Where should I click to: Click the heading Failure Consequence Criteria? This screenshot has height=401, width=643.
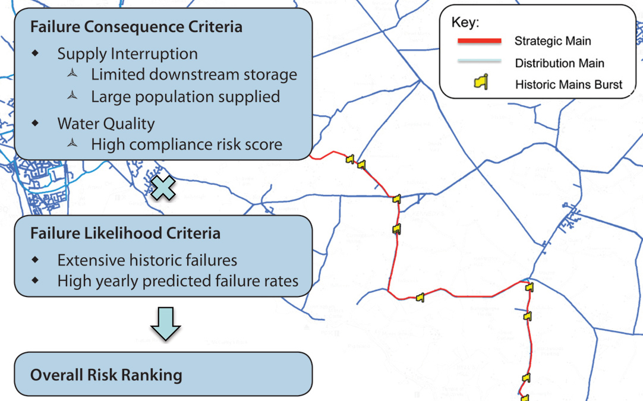pyautogui.click(x=136, y=27)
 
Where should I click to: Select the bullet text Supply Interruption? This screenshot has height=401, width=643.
pyautogui.click(x=127, y=53)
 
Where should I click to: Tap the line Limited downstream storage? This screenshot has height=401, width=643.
pyautogui.click(x=194, y=75)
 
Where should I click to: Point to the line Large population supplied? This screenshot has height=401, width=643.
pyautogui.click(x=185, y=96)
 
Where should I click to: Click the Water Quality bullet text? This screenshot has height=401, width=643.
pyautogui.click(x=106, y=124)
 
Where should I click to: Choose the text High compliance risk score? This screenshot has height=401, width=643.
pyautogui.click(x=187, y=144)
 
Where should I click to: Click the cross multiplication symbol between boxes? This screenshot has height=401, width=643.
pyautogui.click(x=164, y=188)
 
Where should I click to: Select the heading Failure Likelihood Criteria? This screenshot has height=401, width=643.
pyautogui.click(x=125, y=233)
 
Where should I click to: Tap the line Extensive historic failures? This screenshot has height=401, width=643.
pyautogui.click(x=147, y=260)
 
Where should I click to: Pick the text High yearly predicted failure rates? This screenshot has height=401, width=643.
pyautogui.click(x=178, y=280)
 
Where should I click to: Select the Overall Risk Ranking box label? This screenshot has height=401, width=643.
pyautogui.click(x=106, y=375)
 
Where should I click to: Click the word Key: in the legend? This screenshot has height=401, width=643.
pyautogui.click(x=465, y=23)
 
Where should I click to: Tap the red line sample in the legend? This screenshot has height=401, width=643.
pyautogui.click(x=479, y=42)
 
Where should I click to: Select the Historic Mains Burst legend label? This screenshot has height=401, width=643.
pyautogui.click(x=569, y=84)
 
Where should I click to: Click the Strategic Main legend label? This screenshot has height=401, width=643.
pyautogui.click(x=553, y=42)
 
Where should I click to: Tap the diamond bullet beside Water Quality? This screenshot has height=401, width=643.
pyautogui.click(x=36, y=124)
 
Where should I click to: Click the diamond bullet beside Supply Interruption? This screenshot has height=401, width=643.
pyautogui.click(x=36, y=53)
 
